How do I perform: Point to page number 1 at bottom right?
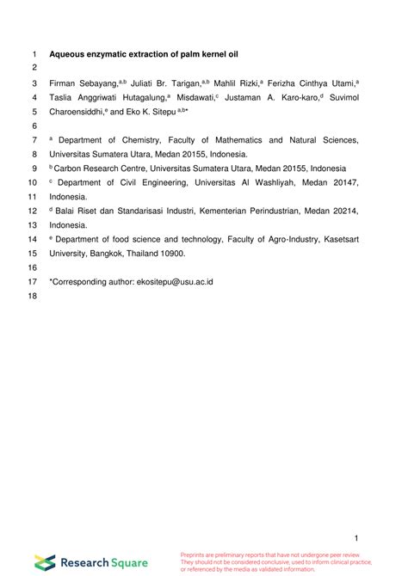tap(355, 538)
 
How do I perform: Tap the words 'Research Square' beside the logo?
tap(103, 562)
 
